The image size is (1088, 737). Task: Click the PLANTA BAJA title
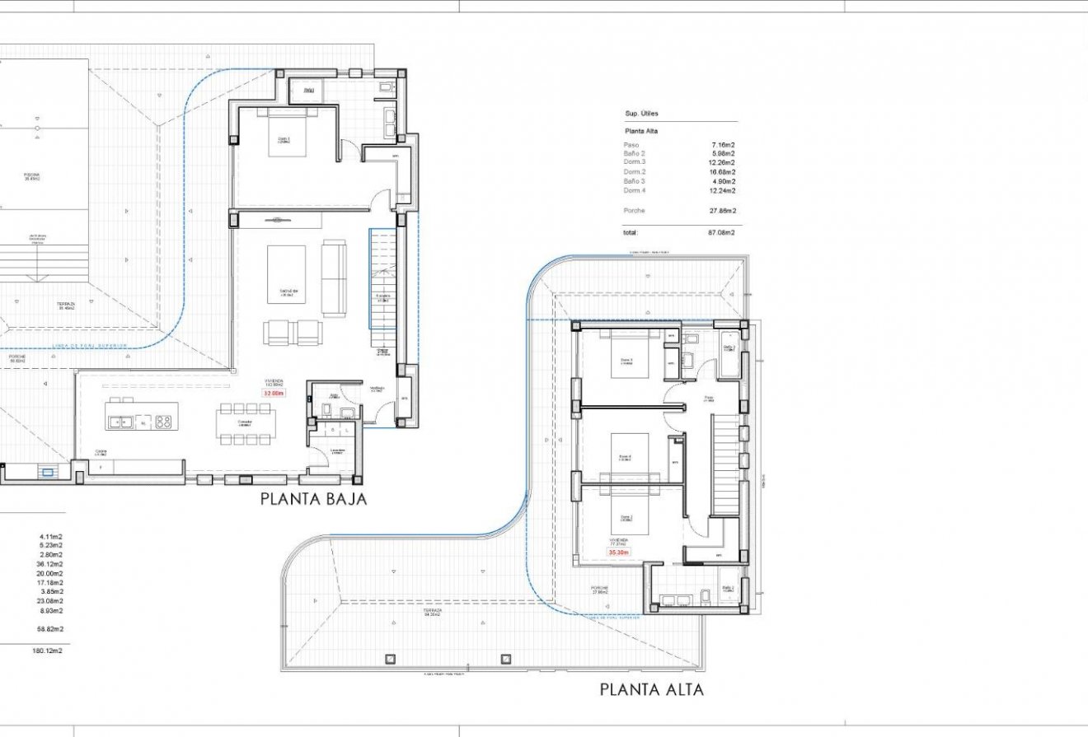313,499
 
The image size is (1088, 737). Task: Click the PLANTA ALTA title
652,690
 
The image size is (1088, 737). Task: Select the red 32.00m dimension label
273,394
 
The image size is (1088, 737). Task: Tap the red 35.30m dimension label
619,553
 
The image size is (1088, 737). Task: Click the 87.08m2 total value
721,233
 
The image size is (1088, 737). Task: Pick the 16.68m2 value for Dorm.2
721,172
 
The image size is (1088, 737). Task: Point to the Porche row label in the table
635,211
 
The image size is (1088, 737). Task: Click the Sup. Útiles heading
642,114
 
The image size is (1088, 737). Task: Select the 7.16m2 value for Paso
723,145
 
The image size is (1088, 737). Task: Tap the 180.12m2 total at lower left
47,651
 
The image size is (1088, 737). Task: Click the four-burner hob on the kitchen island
163,422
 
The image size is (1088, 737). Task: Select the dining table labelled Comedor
245,423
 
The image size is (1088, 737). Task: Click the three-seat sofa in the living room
334,278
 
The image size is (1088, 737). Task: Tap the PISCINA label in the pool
31,175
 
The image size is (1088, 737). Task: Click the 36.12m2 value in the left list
50,564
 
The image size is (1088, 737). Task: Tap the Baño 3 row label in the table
635,181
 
